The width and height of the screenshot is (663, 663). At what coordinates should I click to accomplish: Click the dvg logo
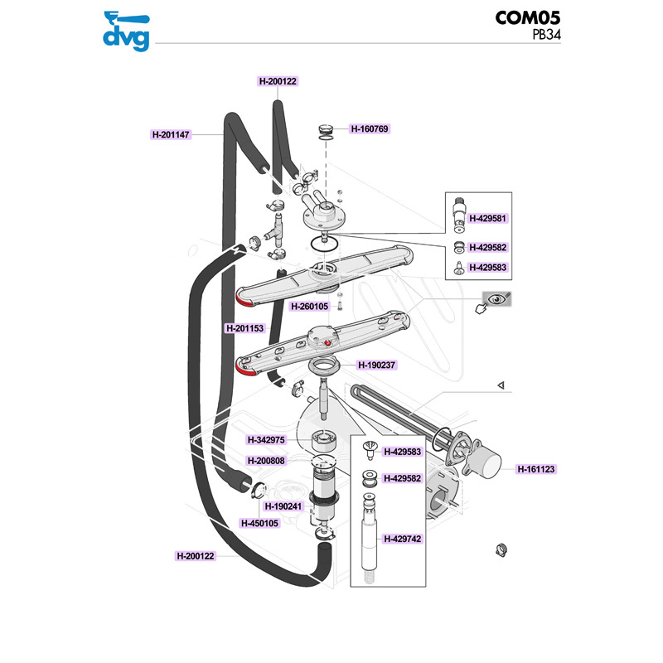click(127, 31)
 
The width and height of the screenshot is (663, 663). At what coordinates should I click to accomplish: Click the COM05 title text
click(528, 17)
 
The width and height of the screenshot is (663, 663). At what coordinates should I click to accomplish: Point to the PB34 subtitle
click(546, 35)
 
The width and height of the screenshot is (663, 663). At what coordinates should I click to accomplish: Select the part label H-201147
click(171, 135)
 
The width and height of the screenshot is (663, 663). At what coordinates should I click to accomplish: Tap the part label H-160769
click(370, 129)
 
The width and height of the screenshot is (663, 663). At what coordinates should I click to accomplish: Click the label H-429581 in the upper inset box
click(487, 219)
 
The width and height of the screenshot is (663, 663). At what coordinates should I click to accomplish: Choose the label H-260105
click(309, 307)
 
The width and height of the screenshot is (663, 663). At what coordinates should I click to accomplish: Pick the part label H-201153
click(244, 328)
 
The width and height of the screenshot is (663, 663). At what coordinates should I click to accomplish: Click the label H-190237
click(376, 365)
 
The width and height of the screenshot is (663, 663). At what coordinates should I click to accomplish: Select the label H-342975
click(266, 440)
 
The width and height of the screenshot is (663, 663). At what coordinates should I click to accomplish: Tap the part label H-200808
click(266, 461)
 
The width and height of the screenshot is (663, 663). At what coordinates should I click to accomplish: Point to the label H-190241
click(283, 506)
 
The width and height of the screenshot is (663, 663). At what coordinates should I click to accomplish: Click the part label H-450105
click(259, 524)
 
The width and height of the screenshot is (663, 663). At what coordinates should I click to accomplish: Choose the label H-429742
click(402, 540)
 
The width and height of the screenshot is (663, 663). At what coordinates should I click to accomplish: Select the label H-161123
click(535, 469)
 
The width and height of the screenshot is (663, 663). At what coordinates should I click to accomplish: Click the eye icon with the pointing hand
click(496, 301)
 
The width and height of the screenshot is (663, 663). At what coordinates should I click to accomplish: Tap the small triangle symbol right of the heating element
click(501, 385)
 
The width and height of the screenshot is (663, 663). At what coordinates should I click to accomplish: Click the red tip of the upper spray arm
click(244, 300)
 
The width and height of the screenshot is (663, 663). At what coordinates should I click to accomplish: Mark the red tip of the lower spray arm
click(244, 370)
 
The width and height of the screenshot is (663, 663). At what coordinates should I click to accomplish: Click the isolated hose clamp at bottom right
click(501, 550)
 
